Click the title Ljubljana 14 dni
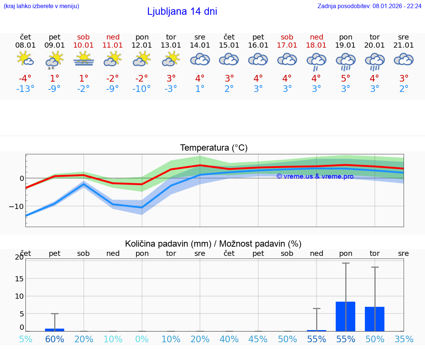182,11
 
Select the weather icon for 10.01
84,59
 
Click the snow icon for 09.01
55,59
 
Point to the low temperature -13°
25,89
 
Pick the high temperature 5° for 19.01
345,79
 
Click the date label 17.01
287,45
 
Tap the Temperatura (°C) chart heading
214,148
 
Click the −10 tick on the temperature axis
16,206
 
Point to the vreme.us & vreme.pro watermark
315,176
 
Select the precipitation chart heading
213,244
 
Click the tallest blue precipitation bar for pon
345,316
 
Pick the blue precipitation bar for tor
374,319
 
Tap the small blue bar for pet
55,330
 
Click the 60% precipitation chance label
55,339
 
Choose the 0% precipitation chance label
142,339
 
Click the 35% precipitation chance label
404,339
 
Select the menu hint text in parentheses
41,6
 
